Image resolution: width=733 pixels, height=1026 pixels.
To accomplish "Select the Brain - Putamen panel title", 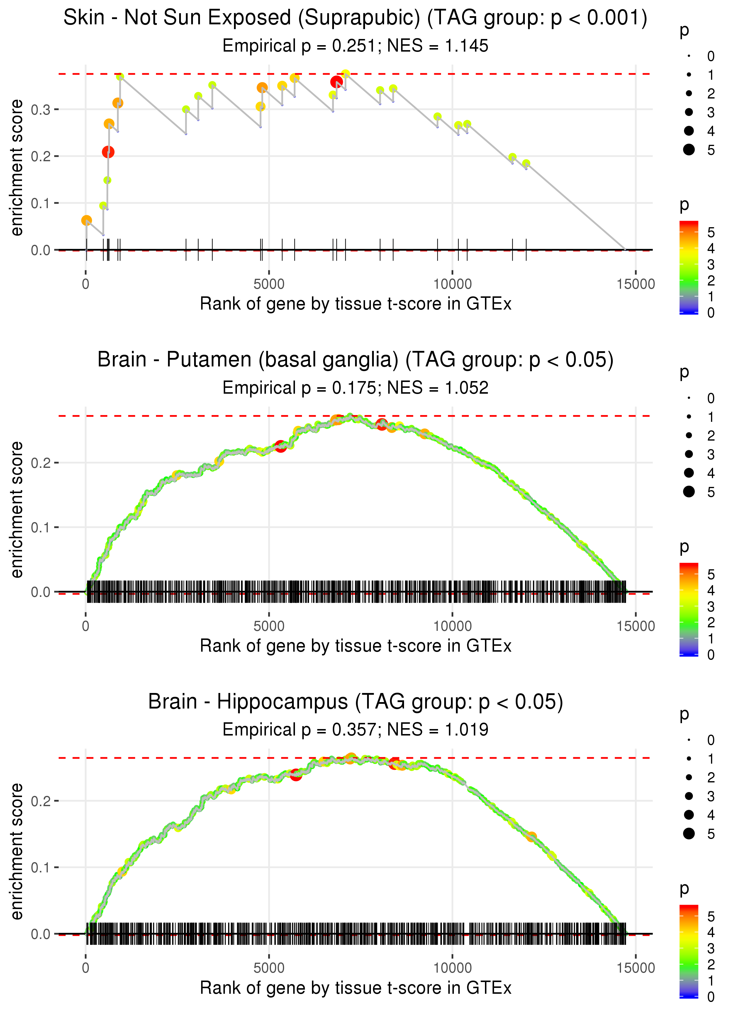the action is pos(355,360).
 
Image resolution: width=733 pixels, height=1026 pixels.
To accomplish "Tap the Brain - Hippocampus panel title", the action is pos(355,702).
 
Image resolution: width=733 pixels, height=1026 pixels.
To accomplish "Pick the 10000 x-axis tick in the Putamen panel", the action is pos(452,626).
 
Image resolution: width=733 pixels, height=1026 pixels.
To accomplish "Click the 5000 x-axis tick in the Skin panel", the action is pos(269,284).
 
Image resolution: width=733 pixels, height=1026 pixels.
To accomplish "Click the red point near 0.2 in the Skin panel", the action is pos(108,152).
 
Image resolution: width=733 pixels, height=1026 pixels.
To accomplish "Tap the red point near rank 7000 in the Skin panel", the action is pos(336,82).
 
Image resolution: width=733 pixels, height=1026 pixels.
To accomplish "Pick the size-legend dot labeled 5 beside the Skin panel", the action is pos(689,149).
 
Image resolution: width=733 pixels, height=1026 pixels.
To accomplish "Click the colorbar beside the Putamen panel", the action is pos(689,609).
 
